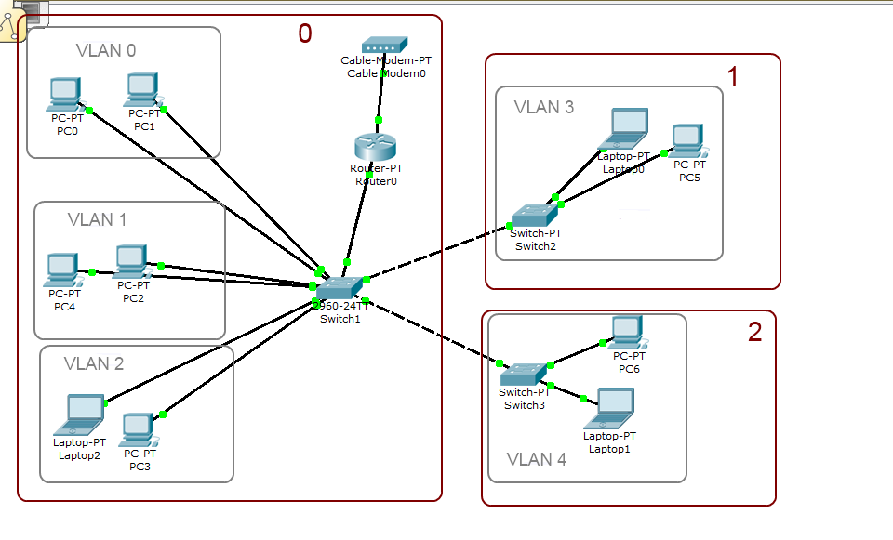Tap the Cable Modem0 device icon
pyautogui.click(x=384, y=46)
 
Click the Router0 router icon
pyautogui.click(x=375, y=148)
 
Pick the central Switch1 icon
pyautogui.click(x=337, y=288)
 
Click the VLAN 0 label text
pyautogui.click(x=106, y=50)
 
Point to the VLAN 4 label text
pyautogui.click(x=536, y=459)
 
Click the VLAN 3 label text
pyautogui.click(x=544, y=107)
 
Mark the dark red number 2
pyautogui.click(x=754, y=333)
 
